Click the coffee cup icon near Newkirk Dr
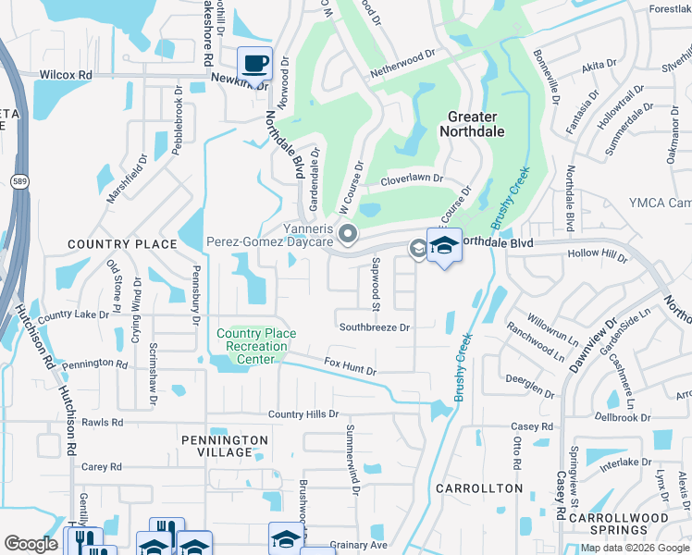click(254, 64)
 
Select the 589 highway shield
click(19, 182)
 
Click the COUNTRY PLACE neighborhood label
click(121, 244)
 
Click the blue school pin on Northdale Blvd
click(444, 246)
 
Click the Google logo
click(31, 544)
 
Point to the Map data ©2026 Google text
click(635, 547)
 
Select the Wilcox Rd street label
click(66, 74)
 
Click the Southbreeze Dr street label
click(374, 327)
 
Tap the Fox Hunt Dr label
click(350, 367)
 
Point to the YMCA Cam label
click(661, 203)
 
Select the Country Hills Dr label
click(303, 414)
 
